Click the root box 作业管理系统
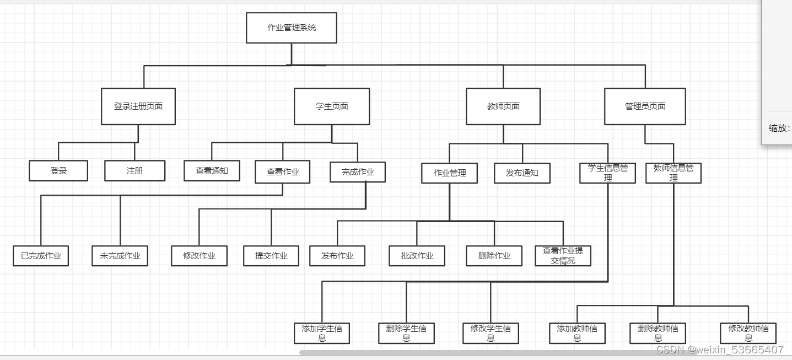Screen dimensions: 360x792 [291, 28]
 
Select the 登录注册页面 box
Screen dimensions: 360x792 [138, 106]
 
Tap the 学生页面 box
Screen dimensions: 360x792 [332, 106]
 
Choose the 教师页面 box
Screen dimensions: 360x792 [503, 106]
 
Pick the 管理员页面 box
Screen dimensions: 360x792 [645, 106]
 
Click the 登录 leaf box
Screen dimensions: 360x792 [58, 171]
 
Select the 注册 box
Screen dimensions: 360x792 [135, 171]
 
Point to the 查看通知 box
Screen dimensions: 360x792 [212, 171]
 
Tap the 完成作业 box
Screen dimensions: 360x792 [358, 172]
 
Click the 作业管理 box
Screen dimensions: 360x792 [450, 173]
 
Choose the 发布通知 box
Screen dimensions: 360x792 [522, 173]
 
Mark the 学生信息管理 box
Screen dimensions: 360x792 [608, 173]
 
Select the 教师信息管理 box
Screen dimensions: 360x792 [674, 173]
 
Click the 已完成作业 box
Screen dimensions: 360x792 [41, 256]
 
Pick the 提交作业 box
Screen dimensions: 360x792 [271, 256]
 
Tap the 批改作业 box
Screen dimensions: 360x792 [417, 256]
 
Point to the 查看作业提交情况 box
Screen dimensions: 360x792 [563, 256]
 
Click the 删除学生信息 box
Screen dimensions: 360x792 [406, 334]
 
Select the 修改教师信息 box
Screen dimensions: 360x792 [748, 334]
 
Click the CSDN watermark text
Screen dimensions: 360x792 [720, 350]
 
